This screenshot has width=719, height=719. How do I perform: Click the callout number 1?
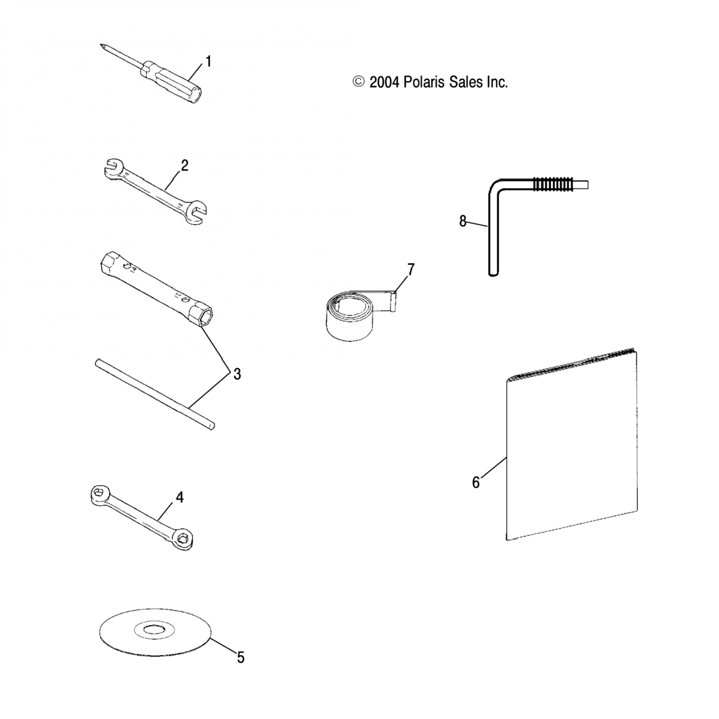(x=208, y=61)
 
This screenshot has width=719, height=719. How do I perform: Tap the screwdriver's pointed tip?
(x=102, y=46)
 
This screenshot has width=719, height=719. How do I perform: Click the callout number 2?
(x=185, y=166)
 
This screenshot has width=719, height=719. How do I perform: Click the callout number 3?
(x=237, y=374)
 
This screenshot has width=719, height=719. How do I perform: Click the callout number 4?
(x=179, y=497)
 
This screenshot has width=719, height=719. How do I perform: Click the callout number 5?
(x=241, y=658)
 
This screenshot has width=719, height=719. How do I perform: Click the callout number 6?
(x=475, y=482)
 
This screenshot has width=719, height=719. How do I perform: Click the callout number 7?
(x=410, y=270)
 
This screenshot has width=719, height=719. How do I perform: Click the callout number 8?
(x=463, y=221)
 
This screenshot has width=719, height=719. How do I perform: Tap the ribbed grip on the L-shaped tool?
(x=552, y=185)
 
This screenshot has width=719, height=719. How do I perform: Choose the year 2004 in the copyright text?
(x=384, y=82)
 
